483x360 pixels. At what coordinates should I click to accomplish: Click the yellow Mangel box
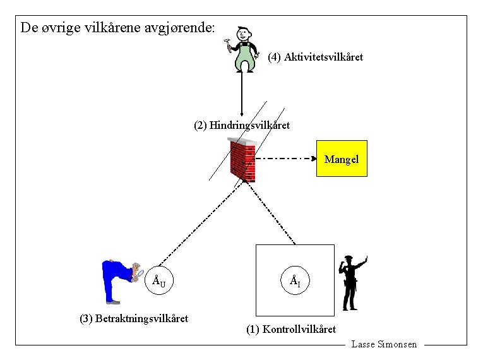[342, 159]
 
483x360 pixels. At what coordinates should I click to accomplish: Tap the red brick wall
[242, 160]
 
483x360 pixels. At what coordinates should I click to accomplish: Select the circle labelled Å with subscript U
[159, 280]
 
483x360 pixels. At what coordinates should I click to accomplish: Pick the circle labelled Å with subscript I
[295, 280]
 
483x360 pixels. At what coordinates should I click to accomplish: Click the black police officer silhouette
[352, 283]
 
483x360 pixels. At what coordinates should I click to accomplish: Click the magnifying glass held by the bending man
[140, 273]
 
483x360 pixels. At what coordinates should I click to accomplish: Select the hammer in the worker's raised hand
[227, 44]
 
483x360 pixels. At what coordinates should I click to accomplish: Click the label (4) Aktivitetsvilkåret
[315, 57]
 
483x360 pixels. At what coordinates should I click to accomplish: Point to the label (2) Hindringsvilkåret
[242, 125]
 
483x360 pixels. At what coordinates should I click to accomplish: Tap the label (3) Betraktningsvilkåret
[134, 318]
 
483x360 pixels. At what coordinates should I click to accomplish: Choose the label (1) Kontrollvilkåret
[291, 329]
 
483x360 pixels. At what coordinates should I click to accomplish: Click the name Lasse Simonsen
[384, 344]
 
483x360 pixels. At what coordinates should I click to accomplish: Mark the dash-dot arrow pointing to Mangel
[286, 159]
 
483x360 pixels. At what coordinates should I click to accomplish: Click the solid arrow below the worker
[241, 92]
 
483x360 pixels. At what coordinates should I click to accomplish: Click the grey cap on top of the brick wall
[242, 141]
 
